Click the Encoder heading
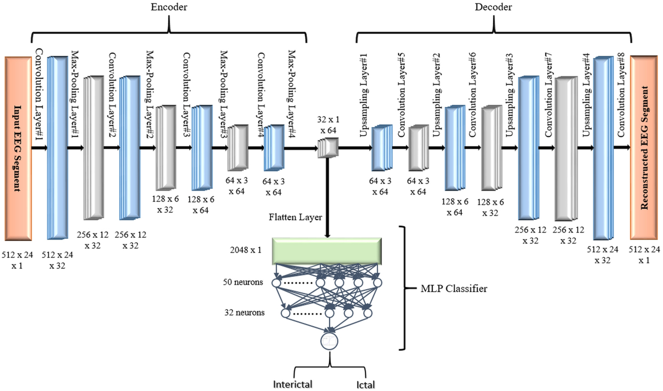click(169, 7)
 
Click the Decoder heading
click(493, 7)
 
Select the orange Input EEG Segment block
click(18, 149)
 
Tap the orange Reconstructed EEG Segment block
click(644, 148)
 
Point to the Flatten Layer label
click(295, 217)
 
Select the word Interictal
click(293, 384)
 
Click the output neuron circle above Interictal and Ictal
click(329, 341)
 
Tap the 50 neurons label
click(243, 282)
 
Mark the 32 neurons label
click(244, 312)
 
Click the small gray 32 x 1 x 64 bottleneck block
click(328, 148)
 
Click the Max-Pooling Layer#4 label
click(292, 94)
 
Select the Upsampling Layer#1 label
click(364, 96)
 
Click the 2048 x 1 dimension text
click(246, 250)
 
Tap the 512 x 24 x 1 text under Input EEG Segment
click(17, 260)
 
